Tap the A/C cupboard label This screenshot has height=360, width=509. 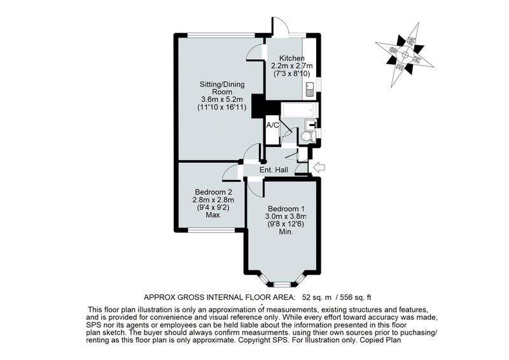272,125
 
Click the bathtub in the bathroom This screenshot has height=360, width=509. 294,112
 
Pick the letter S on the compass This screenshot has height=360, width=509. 393,48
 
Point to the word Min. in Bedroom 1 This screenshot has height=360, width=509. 285,233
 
